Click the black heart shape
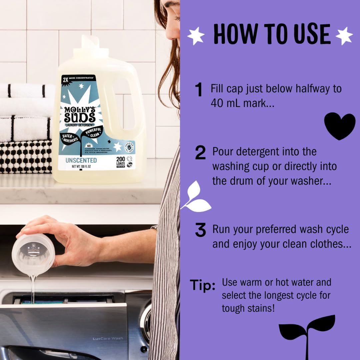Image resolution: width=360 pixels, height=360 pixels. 340,125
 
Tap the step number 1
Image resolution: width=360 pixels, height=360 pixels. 199,90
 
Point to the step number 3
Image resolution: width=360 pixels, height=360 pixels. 200,231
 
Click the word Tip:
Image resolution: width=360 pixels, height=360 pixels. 202,285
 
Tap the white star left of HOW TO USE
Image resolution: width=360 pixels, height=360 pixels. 196,36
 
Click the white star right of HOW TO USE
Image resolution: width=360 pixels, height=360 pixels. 344,35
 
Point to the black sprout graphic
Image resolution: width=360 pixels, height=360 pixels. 307,333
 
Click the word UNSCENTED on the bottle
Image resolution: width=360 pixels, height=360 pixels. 81,160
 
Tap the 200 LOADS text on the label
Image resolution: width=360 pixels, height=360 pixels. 121,161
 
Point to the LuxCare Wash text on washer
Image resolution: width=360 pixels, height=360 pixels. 108,338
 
